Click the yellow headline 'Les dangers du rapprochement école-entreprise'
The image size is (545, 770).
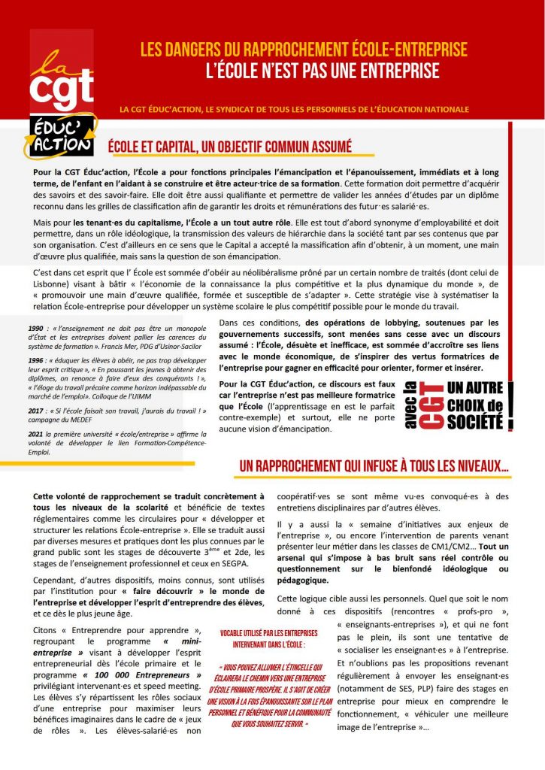point(304,50)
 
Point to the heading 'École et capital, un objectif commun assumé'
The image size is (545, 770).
point(230,147)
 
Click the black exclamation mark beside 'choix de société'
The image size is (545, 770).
point(510,406)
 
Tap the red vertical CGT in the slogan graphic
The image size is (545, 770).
point(431,406)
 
